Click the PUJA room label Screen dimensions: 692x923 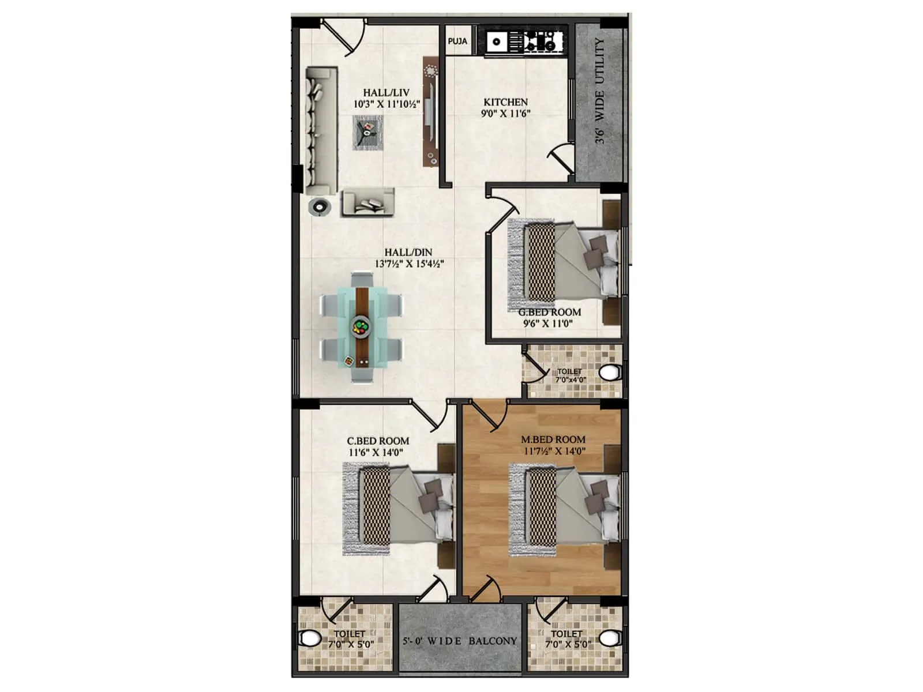tap(457, 42)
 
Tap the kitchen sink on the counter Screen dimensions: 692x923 tap(497, 42)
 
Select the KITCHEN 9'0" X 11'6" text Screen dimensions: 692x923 tap(505, 108)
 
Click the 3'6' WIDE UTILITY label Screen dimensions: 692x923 tap(600, 91)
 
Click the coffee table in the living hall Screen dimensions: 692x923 tap(367, 133)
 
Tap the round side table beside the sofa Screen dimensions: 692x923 tap(320, 206)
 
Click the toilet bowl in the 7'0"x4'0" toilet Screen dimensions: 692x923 tap(609, 373)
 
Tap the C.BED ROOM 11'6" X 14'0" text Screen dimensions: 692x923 tap(378, 447)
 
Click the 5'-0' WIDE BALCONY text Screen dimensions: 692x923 tap(460, 641)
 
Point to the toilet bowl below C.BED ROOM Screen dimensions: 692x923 tap(310, 638)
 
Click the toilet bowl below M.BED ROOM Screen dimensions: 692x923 tap(609, 638)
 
